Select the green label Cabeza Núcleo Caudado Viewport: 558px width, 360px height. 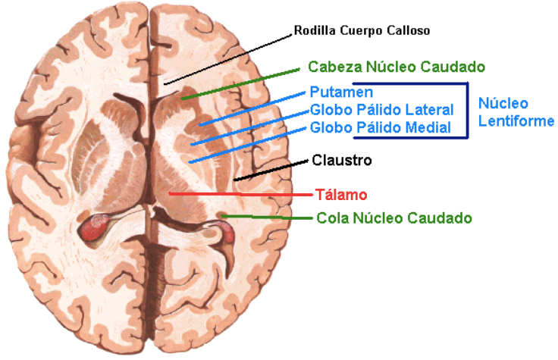(397, 67)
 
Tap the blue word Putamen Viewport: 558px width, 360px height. (335, 92)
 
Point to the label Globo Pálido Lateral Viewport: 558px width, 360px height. (381, 110)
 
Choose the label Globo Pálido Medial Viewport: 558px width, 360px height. (381, 127)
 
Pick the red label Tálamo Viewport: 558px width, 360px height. (341, 194)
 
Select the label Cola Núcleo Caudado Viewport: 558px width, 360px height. (393, 218)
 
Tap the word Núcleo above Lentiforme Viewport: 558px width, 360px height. (503, 104)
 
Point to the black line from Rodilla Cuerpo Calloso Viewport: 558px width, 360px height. (227, 58)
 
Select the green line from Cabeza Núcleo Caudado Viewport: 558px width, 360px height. (243, 82)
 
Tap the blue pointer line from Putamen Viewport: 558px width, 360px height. (250, 107)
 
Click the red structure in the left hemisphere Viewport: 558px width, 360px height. (95, 227)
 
